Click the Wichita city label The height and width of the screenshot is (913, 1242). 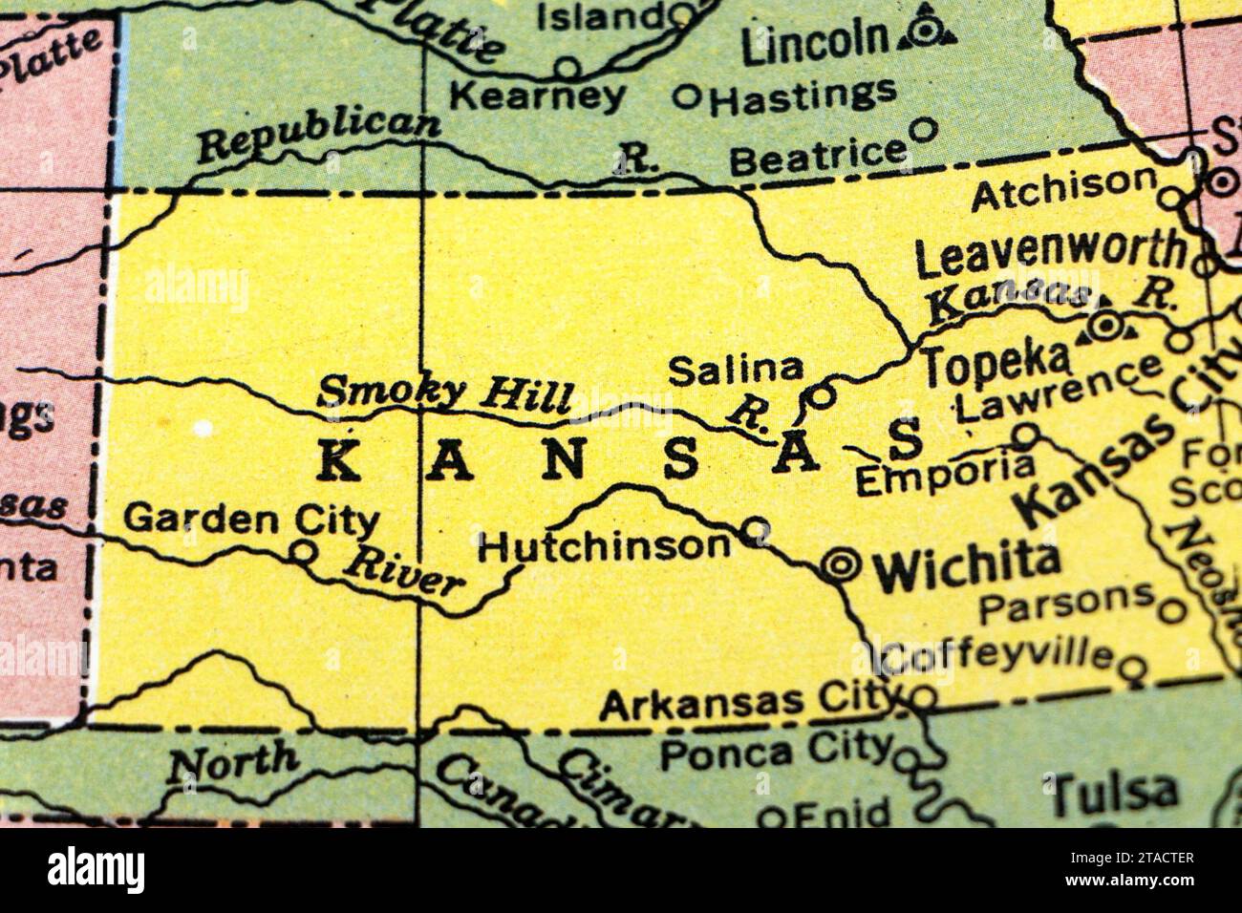click(x=967, y=567)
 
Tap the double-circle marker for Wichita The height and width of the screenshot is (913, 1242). click(x=841, y=565)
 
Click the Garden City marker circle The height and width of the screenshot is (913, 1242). click(x=303, y=551)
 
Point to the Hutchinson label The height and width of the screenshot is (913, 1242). click(x=604, y=546)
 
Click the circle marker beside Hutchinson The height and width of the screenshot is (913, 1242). click(x=756, y=528)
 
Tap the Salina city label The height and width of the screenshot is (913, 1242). click(x=736, y=369)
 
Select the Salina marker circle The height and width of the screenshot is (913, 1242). click(x=821, y=394)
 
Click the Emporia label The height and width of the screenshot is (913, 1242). click(x=944, y=475)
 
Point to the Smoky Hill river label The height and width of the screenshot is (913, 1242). click(x=446, y=393)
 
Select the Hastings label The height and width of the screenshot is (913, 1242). click(x=803, y=96)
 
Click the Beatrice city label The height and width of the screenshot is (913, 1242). click(x=817, y=156)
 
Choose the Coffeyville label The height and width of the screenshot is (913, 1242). click(x=999, y=656)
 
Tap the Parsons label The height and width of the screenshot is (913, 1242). click(x=1067, y=600)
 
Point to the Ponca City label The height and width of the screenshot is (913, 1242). click(x=776, y=750)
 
